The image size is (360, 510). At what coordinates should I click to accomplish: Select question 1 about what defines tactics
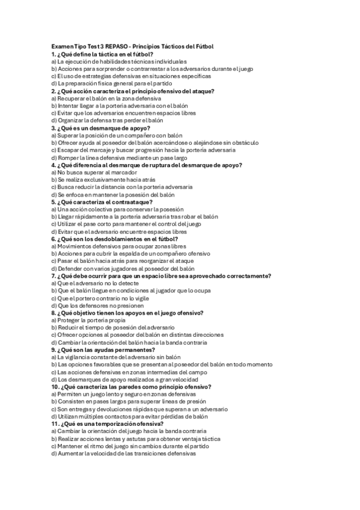click(x=102, y=54)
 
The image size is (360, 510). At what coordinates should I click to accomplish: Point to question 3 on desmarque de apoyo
click(x=101, y=128)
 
